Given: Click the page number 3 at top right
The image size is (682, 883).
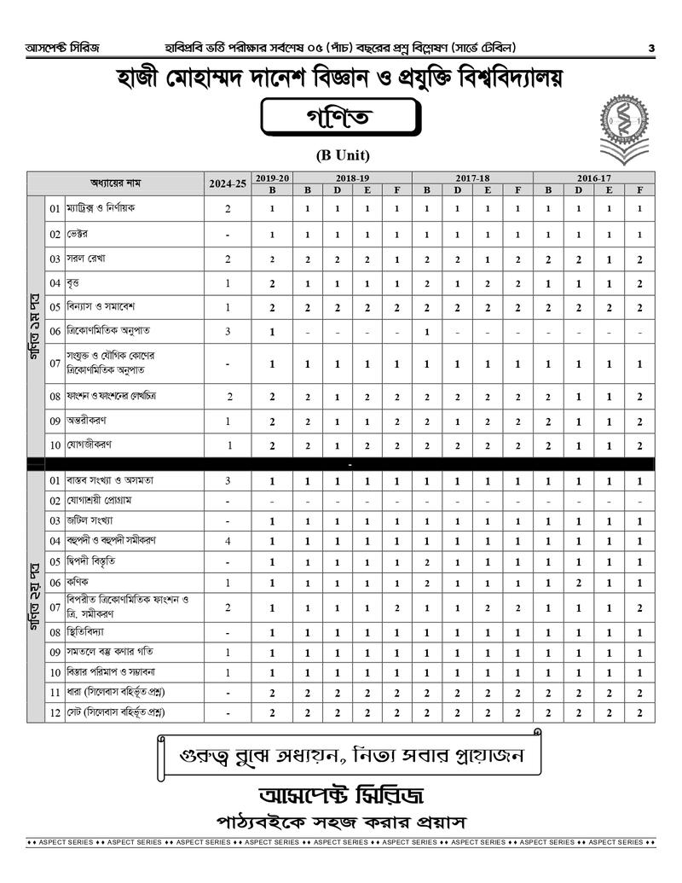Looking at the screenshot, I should (650, 48).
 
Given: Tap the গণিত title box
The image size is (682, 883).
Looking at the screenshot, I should (340, 120).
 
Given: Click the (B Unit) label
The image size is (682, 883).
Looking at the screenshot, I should (342, 155).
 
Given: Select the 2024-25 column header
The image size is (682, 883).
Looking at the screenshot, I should (228, 183).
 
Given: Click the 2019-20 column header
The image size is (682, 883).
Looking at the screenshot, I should (272, 177).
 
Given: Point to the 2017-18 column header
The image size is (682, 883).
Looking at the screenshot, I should (471, 177).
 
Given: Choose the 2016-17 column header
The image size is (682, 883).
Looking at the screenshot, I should (593, 177).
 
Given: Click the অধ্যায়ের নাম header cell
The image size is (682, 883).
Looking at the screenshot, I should (116, 183).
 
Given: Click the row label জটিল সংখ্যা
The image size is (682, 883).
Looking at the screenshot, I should (93, 520).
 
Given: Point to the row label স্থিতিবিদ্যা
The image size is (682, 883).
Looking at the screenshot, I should (90, 633).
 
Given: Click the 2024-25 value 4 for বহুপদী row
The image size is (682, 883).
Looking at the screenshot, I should (228, 541).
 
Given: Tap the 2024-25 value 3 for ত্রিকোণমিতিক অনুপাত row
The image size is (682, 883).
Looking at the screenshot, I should (228, 331).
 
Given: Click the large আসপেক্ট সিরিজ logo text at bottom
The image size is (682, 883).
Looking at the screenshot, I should (340, 793).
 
